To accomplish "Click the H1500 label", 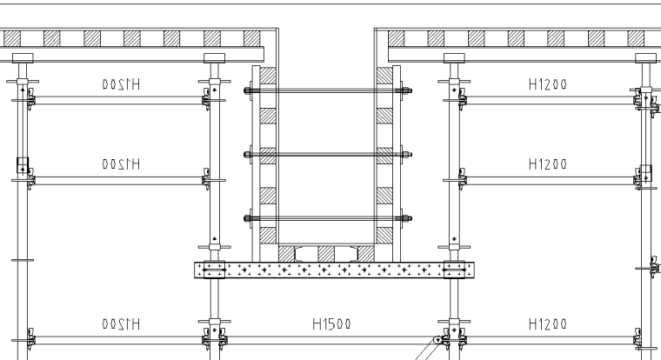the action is tap(331, 323).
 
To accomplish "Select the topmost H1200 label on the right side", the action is tap(548, 84).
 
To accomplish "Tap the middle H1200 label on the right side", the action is tap(548, 163).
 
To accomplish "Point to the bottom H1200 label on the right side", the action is tap(548, 323).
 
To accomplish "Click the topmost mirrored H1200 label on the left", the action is tap(121, 84).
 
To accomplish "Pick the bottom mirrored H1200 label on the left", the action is tap(121, 323).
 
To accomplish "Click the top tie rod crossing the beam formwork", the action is tap(328, 90).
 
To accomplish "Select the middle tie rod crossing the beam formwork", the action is tap(328, 155).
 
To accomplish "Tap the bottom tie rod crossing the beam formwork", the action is tap(328, 219).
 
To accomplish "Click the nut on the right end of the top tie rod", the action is tap(408, 90).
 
